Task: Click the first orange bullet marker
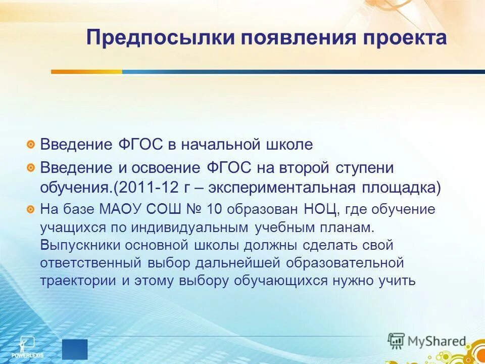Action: click(x=31, y=145)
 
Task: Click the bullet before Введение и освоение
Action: click(x=31, y=167)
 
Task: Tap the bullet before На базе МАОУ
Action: click(x=31, y=208)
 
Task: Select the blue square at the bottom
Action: click(x=75, y=349)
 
